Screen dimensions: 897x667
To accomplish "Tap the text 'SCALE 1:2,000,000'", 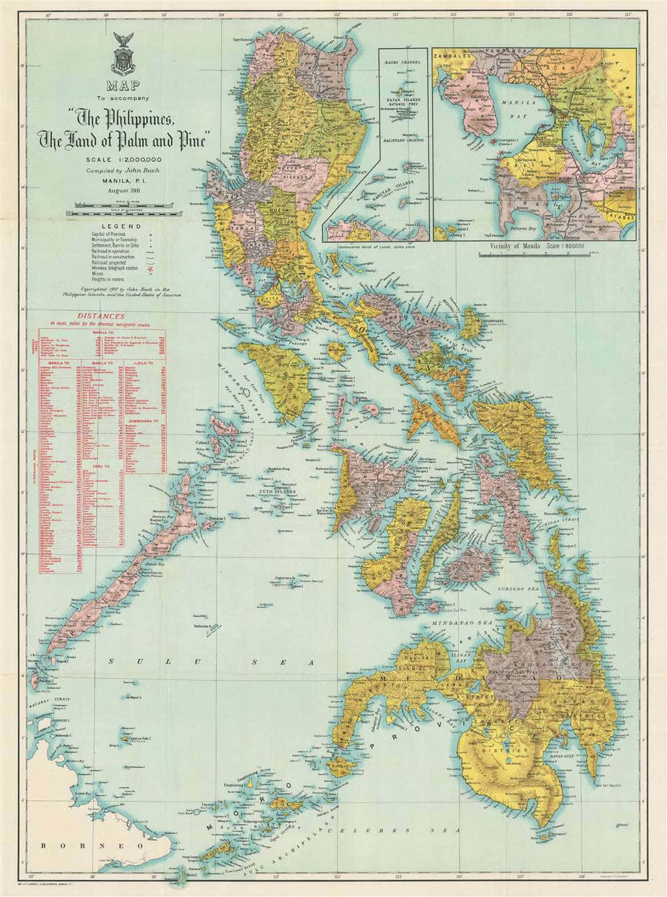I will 126,159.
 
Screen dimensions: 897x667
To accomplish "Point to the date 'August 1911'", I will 126,191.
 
